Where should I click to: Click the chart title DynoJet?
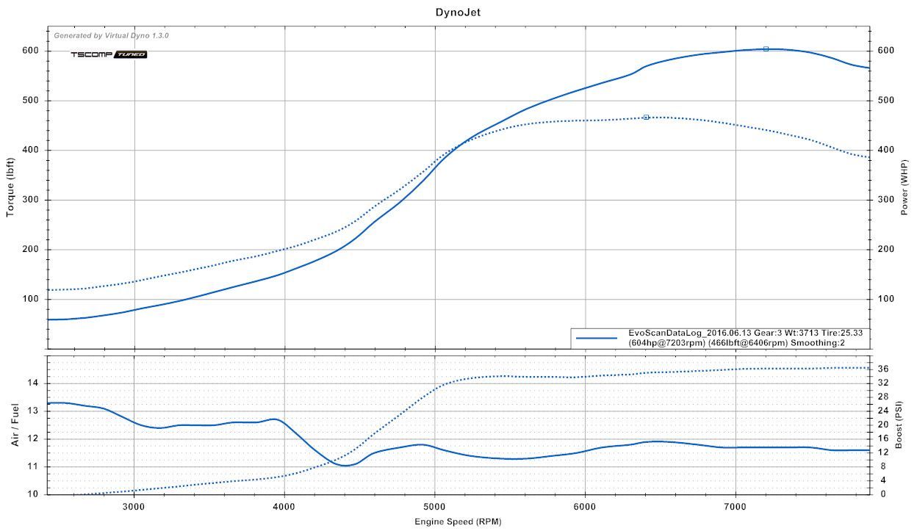coord(459,12)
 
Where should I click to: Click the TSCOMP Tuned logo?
coord(109,54)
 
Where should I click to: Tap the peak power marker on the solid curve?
coord(766,49)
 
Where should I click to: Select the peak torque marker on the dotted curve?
coord(646,117)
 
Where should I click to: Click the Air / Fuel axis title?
coord(15,425)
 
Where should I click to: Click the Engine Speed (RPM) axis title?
coord(459,522)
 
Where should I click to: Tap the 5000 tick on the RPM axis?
coord(434,507)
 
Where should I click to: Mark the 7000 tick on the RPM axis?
coord(736,507)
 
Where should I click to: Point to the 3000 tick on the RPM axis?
coord(134,507)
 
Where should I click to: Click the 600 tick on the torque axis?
coord(29,51)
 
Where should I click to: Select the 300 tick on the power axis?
coord(885,200)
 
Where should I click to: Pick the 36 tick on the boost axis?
coord(883,369)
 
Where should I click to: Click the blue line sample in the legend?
coord(596,338)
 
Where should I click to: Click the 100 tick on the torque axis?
coord(29,299)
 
